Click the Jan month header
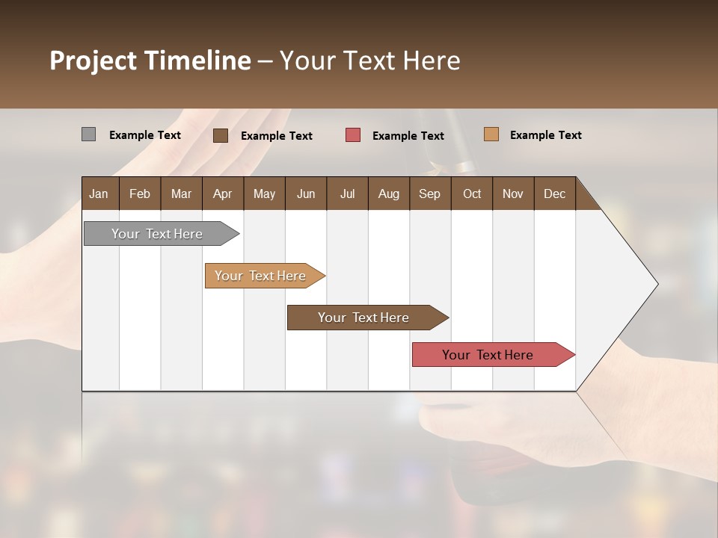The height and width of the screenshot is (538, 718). (x=99, y=194)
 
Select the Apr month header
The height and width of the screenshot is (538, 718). (x=222, y=194)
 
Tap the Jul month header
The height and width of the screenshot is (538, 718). (x=347, y=194)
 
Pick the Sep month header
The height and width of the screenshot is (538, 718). (x=429, y=194)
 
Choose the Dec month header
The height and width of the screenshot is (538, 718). (x=554, y=194)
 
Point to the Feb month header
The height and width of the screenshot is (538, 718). (x=140, y=194)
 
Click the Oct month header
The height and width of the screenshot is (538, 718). (x=472, y=194)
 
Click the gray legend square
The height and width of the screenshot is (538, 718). (x=88, y=134)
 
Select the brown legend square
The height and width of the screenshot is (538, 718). (x=221, y=135)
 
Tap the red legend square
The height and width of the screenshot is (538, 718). (x=353, y=135)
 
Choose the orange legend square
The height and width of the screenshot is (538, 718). (x=491, y=134)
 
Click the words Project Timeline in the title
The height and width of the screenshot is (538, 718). (x=150, y=61)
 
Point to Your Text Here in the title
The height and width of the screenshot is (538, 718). (x=369, y=61)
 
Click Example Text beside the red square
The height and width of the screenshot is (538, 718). (x=408, y=136)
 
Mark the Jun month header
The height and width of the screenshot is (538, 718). (x=306, y=194)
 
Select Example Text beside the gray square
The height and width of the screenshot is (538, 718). (x=145, y=135)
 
